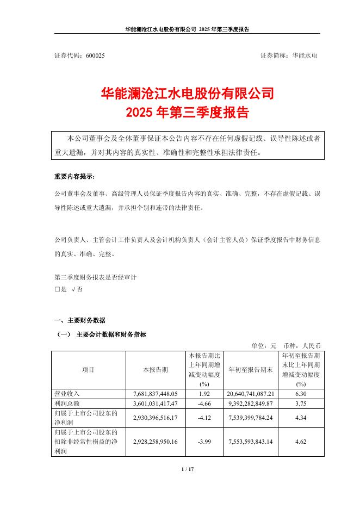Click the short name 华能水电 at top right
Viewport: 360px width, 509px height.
(x=305, y=55)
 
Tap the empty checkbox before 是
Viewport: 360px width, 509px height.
(x=57, y=289)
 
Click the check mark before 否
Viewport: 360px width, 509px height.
(x=73, y=289)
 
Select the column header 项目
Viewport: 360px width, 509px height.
(x=88, y=370)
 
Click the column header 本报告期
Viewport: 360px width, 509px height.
(x=156, y=370)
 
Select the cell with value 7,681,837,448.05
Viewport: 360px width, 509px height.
(x=156, y=393)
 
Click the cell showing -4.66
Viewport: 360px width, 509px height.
(x=204, y=403)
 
